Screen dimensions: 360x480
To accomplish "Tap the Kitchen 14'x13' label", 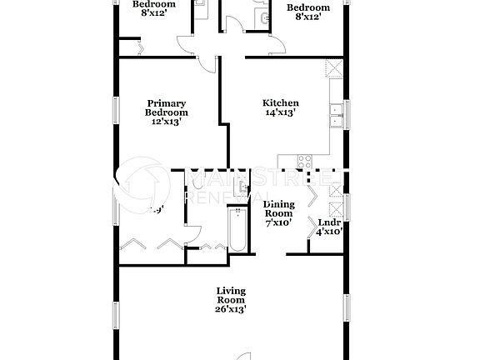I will click(282, 107).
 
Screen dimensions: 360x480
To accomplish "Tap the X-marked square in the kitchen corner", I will click(335, 68).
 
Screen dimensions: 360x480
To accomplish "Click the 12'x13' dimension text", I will click(167, 122).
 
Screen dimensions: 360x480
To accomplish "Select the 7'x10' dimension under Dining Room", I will click(277, 222).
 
